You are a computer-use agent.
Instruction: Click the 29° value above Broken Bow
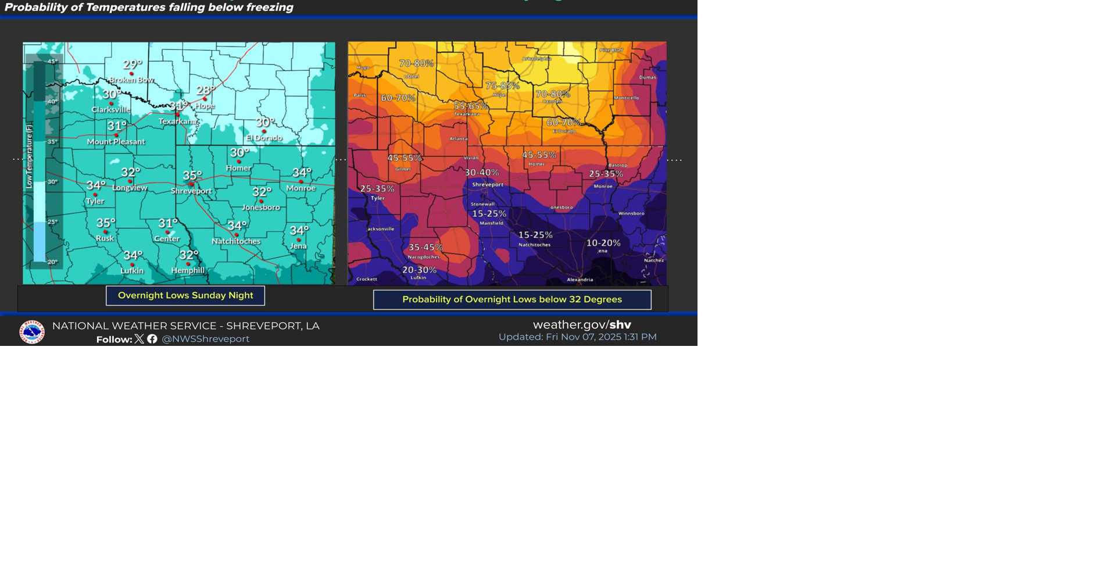[133, 65]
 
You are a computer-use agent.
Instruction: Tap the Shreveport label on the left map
[191, 191]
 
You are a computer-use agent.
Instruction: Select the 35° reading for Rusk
[106, 223]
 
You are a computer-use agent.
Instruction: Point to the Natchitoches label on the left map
[236, 241]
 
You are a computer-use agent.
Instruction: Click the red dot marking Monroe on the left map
[301, 181]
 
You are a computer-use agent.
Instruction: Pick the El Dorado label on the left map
[264, 138]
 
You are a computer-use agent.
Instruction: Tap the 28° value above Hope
[205, 90]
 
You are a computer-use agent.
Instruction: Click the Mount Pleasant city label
[116, 142]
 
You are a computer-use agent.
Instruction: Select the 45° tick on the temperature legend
[52, 61]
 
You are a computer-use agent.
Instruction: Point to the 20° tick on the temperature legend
[52, 262]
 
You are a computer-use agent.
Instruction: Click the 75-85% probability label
[502, 86]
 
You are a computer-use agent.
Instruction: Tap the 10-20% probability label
[603, 243]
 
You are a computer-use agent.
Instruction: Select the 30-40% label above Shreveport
[481, 173]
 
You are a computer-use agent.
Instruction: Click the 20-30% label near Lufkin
[419, 270]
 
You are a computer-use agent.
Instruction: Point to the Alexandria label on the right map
[580, 280]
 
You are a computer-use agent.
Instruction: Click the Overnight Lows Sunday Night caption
[185, 295]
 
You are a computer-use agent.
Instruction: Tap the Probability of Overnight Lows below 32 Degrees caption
[512, 299]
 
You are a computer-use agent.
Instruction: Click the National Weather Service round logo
[32, 332]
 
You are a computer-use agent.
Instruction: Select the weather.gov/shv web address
[582, 324]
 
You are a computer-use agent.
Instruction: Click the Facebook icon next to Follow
[152, 339]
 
